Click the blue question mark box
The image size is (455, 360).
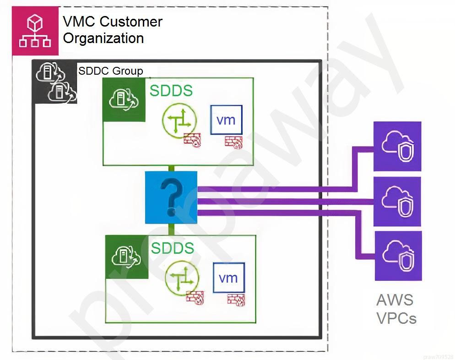[x=171, y=197]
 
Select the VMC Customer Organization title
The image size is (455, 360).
[x=112, y=30]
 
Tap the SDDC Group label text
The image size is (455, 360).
[x=110, y=71]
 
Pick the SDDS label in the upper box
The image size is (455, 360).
[x=171, y=91]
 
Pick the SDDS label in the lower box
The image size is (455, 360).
[x=173, y=248]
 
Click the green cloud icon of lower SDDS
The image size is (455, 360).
[x=127, y=257]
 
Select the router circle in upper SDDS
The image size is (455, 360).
[x=179, y=120]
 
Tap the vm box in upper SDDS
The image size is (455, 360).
[x=226, y=120]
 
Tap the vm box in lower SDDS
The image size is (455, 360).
[x=228, y=278]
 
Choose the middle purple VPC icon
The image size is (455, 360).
[x=397, y=201]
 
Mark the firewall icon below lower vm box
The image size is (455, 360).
[x=235, y=299]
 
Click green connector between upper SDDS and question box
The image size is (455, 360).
[x=171, y=168]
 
